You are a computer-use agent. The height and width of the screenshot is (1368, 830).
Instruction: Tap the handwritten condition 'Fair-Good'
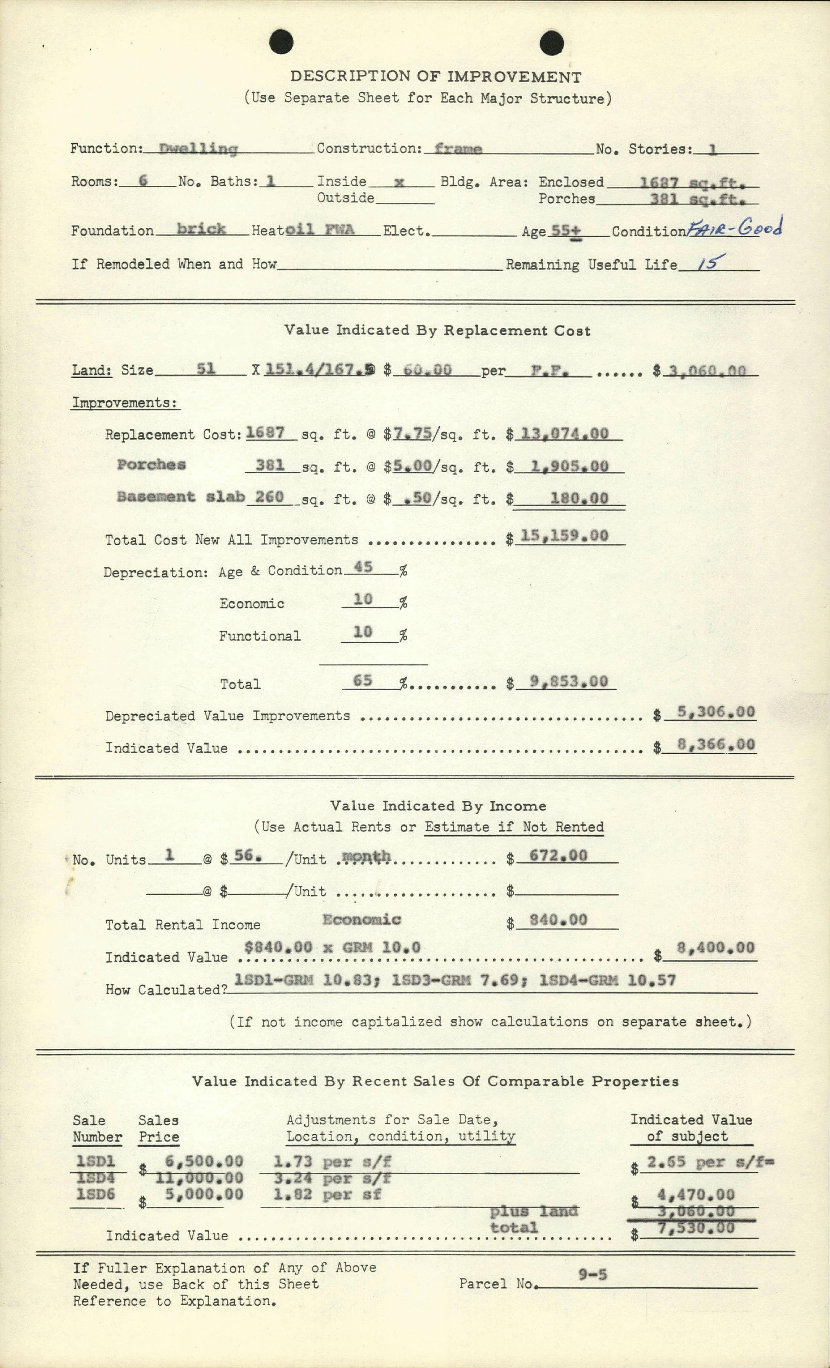734,227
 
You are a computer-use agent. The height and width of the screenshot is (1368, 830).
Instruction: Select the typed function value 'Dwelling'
198,149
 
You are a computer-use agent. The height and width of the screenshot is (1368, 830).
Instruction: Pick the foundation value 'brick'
201,229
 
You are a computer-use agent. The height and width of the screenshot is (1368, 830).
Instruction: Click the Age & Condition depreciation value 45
363,567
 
